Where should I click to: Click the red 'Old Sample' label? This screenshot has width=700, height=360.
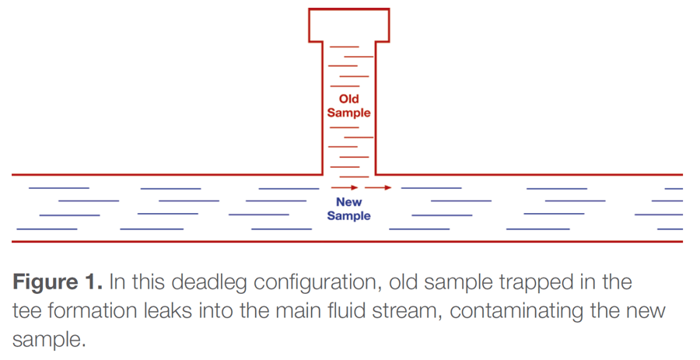point(348,106)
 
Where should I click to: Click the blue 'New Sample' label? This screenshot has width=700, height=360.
point(348,209)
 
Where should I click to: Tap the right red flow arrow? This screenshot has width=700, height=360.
point(378,187)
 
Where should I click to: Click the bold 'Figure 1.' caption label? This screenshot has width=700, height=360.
point(58,281)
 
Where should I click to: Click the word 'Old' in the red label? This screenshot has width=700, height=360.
point(348,99)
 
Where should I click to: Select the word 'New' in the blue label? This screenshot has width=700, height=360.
point(348,202)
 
